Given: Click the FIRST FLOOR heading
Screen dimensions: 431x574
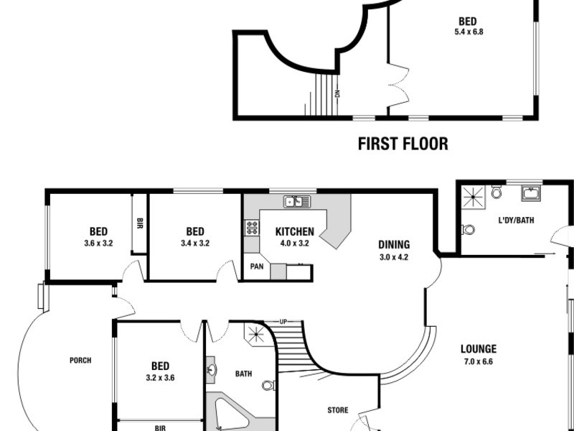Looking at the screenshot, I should (403, 144).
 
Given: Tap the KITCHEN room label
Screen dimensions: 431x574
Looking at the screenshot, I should (294, 231).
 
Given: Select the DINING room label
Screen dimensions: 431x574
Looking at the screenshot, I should (394, 244).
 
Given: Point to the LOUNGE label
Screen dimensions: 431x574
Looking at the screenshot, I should (479, 350).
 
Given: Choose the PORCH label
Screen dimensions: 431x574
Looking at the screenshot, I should (80, 361).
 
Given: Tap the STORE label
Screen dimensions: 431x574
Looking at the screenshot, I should (338, 411).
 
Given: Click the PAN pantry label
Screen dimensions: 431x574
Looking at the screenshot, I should (256, 267).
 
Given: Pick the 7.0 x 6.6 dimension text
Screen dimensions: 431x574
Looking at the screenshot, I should (479, 361).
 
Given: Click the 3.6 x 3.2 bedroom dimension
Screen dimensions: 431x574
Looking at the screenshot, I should (98, 243).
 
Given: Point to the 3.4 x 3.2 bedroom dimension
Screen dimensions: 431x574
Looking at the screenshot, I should (194, 243).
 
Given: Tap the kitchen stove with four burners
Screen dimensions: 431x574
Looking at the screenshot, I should (252, 228).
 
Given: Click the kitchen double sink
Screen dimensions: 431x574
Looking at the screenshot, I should (296, 202).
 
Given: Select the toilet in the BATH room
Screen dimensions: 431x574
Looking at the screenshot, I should (268, 386).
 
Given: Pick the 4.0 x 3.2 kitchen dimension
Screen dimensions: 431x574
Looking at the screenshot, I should (294, 243).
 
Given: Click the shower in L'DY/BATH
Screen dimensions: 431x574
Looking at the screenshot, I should (472, 194).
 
